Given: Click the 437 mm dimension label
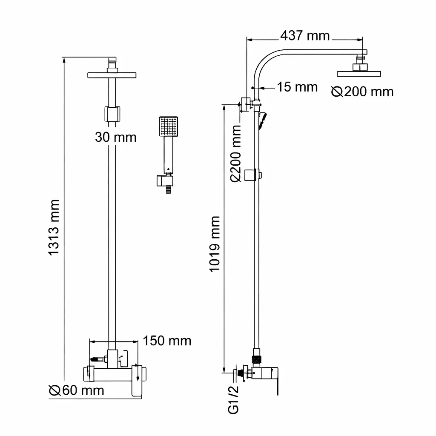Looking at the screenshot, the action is (x=305, y=36).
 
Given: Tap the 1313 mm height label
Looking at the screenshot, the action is (x=54, y=227).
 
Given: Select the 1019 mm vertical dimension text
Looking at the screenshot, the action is (x=215, y=244).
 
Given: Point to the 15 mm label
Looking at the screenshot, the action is (x=297, y=87).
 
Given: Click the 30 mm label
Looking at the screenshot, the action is (x=116, y=137).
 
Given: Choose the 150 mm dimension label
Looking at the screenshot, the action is (x=167, y=341).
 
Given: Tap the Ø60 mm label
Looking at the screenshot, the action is (x=77, y=390).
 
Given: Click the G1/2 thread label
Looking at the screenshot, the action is (x=233, y=399).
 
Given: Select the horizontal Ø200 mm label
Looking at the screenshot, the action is (x=362, y=92).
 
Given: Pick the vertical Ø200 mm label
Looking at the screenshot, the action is (x=236, y=153).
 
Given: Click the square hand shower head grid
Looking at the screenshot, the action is (x=169, y=126).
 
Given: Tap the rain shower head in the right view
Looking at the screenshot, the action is (x=359, y=74).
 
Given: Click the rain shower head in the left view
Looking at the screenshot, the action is (x=112, y=75).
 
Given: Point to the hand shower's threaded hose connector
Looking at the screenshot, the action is (x=168, y=189).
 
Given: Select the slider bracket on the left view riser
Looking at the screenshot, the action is (x=112, y=114).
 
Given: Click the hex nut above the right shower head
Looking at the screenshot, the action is (x=360, y=67).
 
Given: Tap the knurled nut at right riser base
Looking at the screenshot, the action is (x=257, y=359).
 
